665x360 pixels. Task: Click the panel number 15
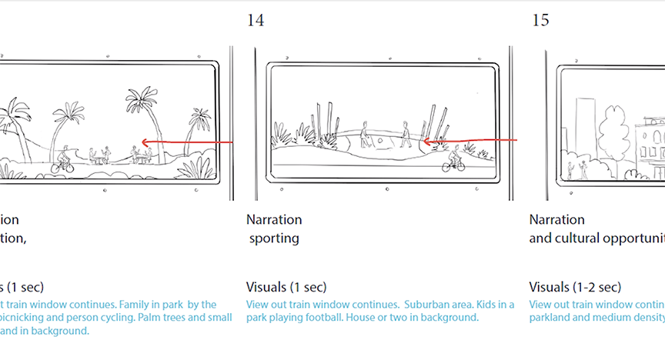(541, 21)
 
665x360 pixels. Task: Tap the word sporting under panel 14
(274, 238)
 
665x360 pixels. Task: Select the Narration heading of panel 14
(274, 220)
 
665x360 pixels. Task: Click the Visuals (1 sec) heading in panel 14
(286, 288)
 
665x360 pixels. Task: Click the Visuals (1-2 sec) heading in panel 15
(574, 288)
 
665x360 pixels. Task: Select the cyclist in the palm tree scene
(63, 159)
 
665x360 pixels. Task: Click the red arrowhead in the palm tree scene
(143, 143)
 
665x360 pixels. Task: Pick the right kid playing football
(405, 135)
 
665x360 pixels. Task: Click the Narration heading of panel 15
(556, 220)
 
